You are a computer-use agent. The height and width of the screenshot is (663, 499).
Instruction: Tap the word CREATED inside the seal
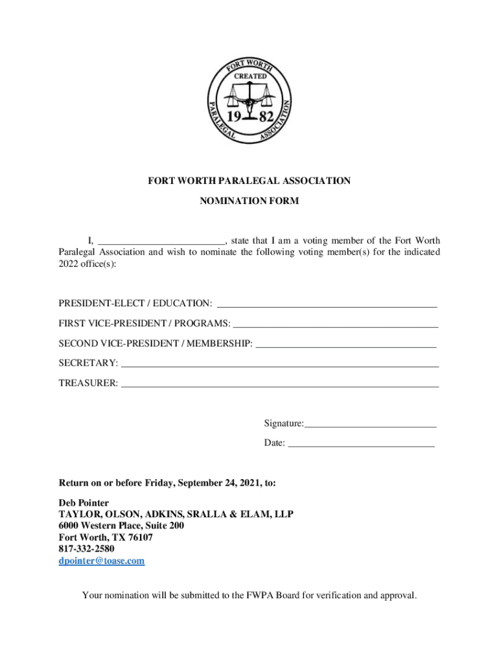pos(250,76)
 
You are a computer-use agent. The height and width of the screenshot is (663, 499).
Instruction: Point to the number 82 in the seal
pos(266,118)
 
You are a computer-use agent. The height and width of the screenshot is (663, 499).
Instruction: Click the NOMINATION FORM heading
pos(250,201)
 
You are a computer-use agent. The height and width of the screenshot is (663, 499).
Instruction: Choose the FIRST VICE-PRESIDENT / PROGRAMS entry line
pos(335,324)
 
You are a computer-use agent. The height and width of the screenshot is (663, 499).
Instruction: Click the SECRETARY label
pos(88,363)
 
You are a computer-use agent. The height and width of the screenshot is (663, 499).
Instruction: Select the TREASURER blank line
pos(280,384)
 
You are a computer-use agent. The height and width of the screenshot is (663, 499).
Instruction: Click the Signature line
pos(370,424)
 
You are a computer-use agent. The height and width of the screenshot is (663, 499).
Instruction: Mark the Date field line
pos(360,444)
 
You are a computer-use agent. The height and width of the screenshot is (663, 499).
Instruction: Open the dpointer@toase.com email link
pos(102,561)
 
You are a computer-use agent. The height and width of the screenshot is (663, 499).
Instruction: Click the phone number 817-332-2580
pos(86,549)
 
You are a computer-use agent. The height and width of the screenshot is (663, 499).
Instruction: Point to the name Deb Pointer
pos(84,502)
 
